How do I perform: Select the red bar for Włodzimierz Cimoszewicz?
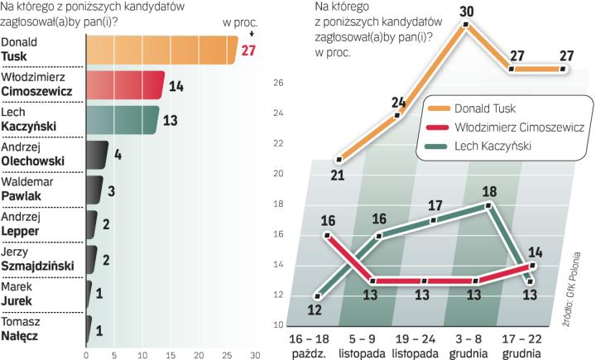click(124, 85)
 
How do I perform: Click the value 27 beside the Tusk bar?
click(249, 51)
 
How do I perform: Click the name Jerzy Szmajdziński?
click(35, 258)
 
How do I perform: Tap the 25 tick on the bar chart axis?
click(227, 351)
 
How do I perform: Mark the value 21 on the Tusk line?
click(337, 174)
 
